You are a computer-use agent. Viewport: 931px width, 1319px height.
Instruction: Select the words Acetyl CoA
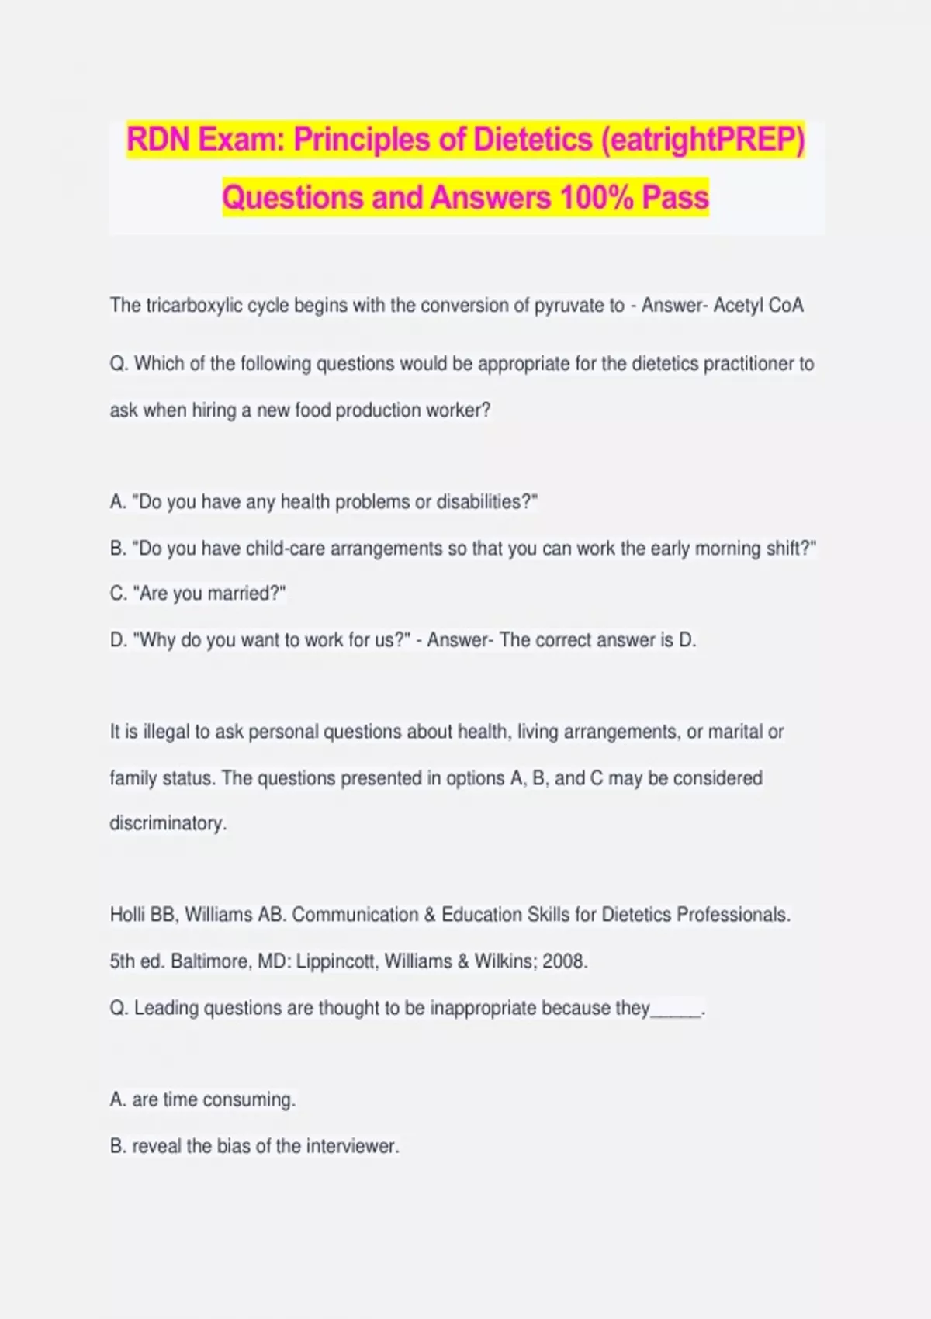point(758,306)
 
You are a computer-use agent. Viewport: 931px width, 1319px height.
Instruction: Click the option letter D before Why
point(119,640)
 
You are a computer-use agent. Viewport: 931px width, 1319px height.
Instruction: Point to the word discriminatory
point(168,823)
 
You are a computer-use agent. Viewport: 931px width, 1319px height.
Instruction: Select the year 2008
point(564,961)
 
